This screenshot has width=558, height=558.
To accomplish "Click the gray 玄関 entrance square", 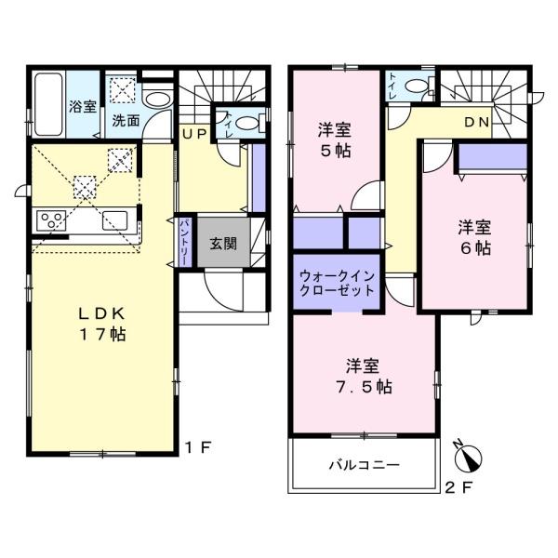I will tap(222, 245).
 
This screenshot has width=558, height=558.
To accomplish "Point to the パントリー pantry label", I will tap(184, 243).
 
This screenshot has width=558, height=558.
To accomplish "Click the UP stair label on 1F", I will tap(194, 134).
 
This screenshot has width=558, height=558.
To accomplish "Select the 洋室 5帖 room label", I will tap(337, 139).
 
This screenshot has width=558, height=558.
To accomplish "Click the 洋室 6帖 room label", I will tap(474, 238).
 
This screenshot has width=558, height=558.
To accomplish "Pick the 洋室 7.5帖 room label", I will tap(363, 375).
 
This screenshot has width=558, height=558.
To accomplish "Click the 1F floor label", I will tap(204, 446).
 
